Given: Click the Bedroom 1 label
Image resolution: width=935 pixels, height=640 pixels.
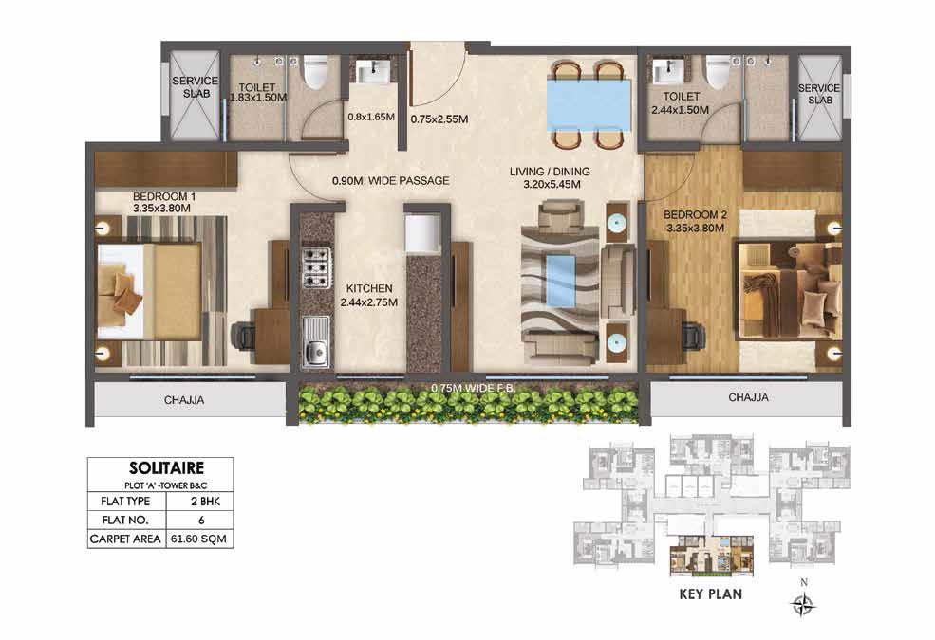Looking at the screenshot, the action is coord(164,196).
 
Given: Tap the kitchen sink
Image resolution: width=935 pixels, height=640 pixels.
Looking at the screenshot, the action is coord(315,342).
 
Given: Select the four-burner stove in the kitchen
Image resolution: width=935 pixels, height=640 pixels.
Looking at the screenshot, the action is coord(316,268).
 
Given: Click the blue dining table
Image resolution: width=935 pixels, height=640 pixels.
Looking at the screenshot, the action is coord(589,104).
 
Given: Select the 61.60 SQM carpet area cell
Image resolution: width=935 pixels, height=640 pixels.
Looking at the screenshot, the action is coord(198,539).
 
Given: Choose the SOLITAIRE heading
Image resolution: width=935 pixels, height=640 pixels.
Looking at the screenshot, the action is coord(166,468).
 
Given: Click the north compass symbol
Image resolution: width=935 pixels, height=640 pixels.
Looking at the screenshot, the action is coord(803,605).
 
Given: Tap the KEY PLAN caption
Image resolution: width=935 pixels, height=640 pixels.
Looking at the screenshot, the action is coord(711,594).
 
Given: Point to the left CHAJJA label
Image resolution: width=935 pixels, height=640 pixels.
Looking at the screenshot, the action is coord(184,400).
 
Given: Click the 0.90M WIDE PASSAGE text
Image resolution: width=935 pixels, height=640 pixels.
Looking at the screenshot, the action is coord(390,180).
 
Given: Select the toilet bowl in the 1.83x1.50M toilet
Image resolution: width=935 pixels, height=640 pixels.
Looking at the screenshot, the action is coord(315,69).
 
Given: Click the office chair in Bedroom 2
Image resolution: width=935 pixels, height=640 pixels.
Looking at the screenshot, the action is coord(692,337).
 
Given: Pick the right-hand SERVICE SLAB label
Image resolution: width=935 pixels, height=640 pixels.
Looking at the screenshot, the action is coord(819,94).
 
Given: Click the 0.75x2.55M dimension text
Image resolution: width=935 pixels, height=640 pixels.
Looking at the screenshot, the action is coord(439,119).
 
